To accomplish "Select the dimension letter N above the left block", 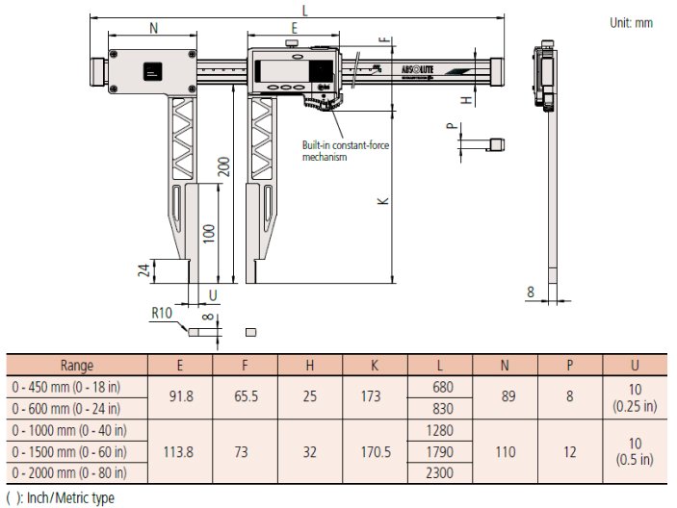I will pos(153,29).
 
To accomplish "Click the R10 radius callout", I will pos(161,313).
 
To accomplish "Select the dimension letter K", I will pos(382,200).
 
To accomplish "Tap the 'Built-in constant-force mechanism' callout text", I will pos(340,150).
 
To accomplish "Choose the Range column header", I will pos(77,366).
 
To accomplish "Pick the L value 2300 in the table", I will pos(441,471).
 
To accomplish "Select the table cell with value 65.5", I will pos(245,394).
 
